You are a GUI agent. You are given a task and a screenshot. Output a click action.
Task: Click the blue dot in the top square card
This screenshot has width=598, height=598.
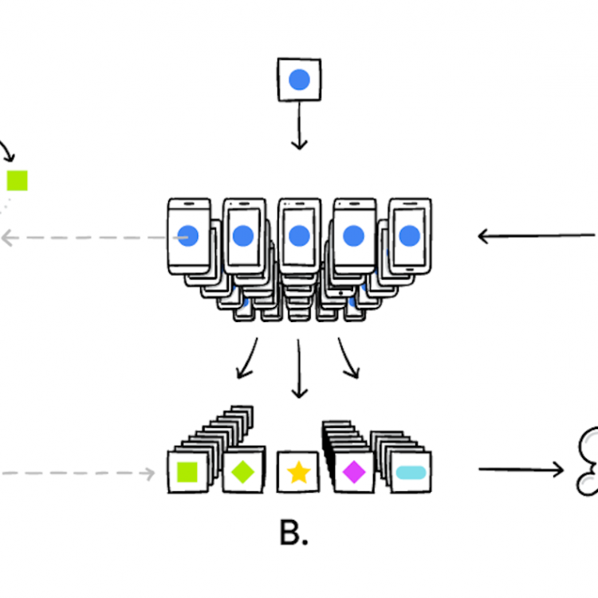point(299,79)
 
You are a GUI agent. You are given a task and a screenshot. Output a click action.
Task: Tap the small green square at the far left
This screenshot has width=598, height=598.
point(17,181)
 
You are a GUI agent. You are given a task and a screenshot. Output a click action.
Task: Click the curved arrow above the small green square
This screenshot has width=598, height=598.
point(7,150)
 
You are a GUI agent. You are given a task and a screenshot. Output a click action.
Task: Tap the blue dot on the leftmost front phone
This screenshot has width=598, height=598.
point(188,235)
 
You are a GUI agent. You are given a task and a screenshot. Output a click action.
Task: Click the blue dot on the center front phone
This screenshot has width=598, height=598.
point(299,235)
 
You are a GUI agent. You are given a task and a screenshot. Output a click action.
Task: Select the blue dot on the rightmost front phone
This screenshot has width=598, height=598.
point(409,235)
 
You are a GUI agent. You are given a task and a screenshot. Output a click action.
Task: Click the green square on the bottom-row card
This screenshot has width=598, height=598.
point(188,472)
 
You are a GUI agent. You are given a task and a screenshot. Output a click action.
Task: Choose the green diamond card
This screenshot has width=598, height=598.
point(242,472)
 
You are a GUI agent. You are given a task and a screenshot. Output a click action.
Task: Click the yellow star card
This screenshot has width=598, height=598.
point(298,472)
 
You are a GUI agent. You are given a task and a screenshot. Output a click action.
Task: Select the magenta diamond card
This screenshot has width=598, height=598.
point(353,472)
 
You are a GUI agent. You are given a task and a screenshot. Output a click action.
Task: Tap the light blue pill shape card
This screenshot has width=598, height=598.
point(411,472)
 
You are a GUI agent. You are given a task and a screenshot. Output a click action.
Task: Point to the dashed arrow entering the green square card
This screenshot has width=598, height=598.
point(80,473)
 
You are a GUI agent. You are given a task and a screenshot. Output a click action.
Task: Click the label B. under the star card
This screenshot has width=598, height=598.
point(293,533)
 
